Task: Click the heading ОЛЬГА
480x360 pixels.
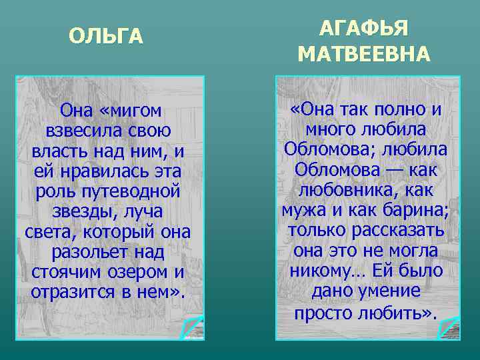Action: click(106, 37)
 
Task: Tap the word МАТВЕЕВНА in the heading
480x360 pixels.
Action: click(364, 54)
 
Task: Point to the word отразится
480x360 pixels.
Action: click(69, 293)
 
